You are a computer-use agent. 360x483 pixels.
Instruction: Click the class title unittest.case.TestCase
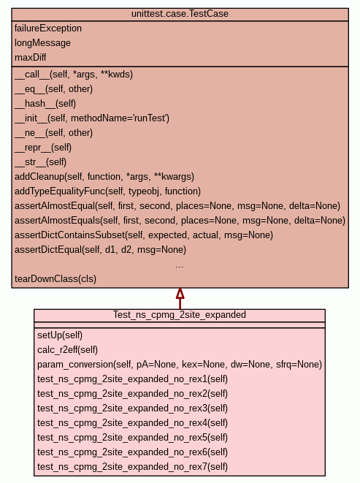[180, 14]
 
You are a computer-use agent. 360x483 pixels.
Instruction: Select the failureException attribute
[48, 28]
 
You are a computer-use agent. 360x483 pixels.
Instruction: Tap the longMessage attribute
[42, 43]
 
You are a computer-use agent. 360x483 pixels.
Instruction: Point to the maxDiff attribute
[30, 57]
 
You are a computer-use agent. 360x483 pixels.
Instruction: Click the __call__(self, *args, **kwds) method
[74, 75]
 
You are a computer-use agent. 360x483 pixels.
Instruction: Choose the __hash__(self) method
[45, 104]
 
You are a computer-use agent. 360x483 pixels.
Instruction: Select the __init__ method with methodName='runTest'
[92, 118]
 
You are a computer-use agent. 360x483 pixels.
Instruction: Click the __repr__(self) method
[43, 148]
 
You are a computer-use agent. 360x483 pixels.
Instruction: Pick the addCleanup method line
[104, 177]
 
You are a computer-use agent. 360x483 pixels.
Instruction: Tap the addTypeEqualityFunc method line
[107, 191]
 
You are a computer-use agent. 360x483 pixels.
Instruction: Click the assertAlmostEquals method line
[180, 221]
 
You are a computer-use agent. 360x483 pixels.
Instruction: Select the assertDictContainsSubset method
[144, 235]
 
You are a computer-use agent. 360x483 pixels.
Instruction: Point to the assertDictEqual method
[100, 250]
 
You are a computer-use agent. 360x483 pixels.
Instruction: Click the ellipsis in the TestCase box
[180, 266]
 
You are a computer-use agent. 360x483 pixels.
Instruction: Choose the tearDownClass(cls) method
[55, 279]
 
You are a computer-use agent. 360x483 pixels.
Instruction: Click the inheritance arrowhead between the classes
[180, 294]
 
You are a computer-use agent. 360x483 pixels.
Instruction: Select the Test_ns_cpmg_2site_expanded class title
[180, 315]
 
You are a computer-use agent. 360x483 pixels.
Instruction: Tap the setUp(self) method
[60, 335]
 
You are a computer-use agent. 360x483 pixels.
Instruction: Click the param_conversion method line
[180, 365]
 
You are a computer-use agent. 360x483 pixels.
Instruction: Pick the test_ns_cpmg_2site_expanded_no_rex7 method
[132, 467]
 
